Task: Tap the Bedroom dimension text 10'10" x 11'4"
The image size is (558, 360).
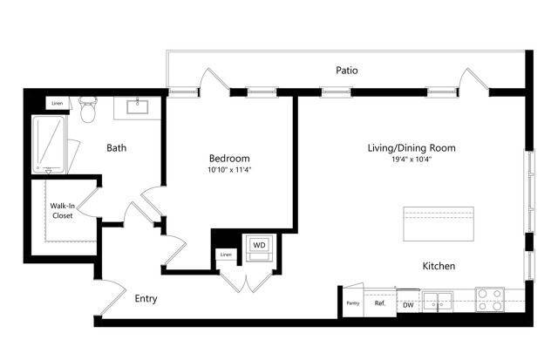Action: click(x=229, y=170)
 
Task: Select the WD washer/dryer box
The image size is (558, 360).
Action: click(x=259, y=245)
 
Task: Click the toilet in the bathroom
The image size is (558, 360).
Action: click(x=87, y=111)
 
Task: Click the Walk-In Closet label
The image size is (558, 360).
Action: click(x=61, y=211)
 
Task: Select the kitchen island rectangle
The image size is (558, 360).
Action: click(x=438, y=224)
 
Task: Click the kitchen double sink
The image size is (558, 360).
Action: click(x=438, y=302)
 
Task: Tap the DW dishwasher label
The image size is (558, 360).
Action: click(x=408, y=304)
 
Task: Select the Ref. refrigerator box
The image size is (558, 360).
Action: click(x=380, y=303)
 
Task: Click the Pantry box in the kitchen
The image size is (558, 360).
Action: click(x=352, y=302)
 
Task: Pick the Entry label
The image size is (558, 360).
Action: click(x=146, y=298)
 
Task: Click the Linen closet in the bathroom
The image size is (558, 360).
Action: click(x=58, y=103)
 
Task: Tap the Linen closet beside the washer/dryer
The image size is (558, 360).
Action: click(x=226, y=255)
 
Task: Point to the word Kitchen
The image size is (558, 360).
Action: click(x=439, y=266)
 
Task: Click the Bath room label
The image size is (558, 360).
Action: click(x=117, y=148)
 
